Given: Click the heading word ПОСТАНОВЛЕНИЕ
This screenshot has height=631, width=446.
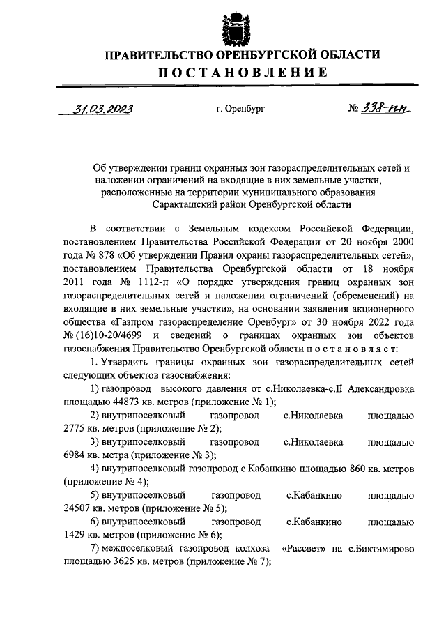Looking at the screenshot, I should (x=224, y=72).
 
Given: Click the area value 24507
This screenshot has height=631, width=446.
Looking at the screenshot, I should (x=78, y=507).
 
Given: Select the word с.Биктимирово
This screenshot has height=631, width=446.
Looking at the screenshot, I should (x=380, y=548).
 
